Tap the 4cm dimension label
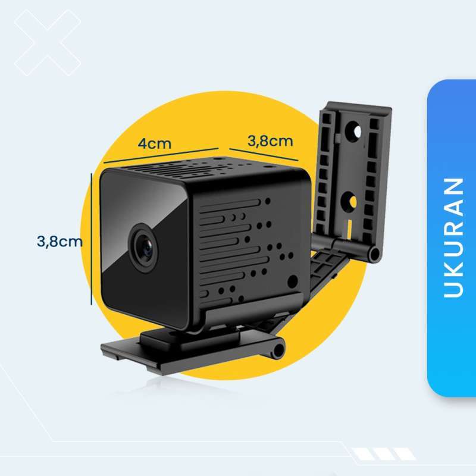tap(155, 143)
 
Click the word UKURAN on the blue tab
tap(453, 237)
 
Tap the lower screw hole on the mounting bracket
tap(351, 201)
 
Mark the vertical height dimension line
tap(92, 239)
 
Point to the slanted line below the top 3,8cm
tap(263, 154)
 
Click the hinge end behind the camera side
tap(374, 254)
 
